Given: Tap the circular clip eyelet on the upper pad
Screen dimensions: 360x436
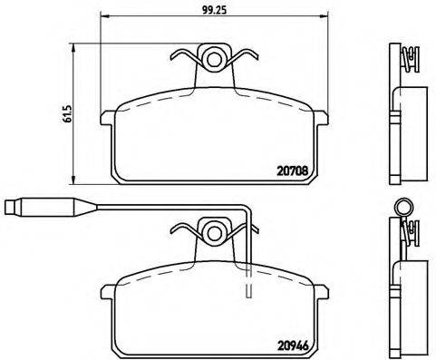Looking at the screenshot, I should click(x=215, y=60).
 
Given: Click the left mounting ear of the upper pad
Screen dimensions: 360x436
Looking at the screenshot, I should click(x=107, y=116).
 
